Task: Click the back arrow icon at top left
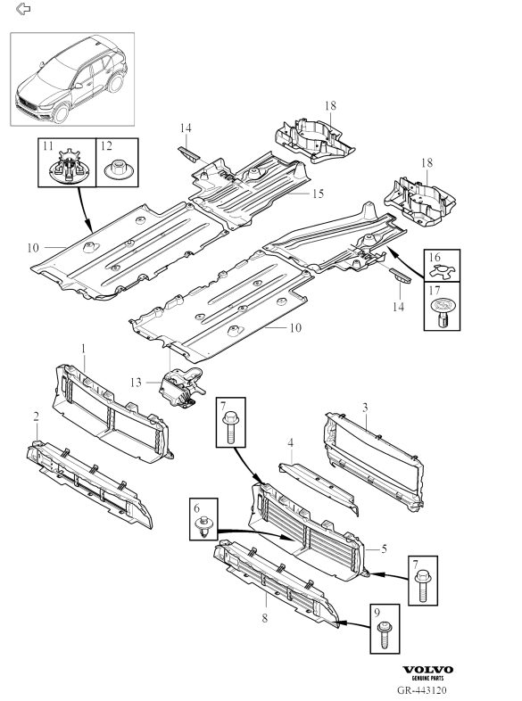23,9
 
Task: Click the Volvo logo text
427,670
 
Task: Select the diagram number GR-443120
422,690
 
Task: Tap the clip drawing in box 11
68,167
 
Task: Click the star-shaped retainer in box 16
442,271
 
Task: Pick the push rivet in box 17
442,312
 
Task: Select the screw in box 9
385,634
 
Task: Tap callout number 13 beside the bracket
136,383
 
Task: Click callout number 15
318,194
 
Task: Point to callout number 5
384,548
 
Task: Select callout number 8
265,618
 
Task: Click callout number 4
290,443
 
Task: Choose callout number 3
365,408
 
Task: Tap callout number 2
37,416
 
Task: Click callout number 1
83,348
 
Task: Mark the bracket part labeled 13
181,385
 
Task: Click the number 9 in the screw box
377,612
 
